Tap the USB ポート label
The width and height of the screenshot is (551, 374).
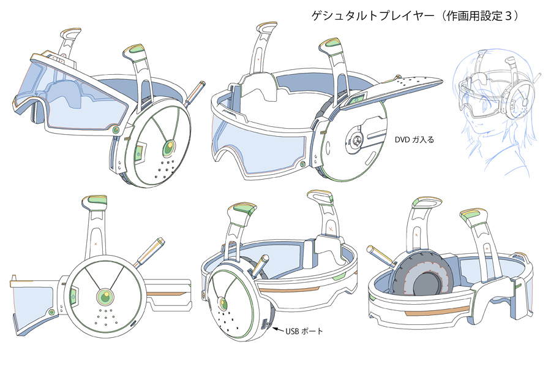[304, 332]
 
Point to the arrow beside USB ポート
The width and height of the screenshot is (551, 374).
[275, 330]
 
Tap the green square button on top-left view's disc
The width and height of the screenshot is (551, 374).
[140, 151]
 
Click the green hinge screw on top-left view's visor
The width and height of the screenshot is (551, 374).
[116, 130]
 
